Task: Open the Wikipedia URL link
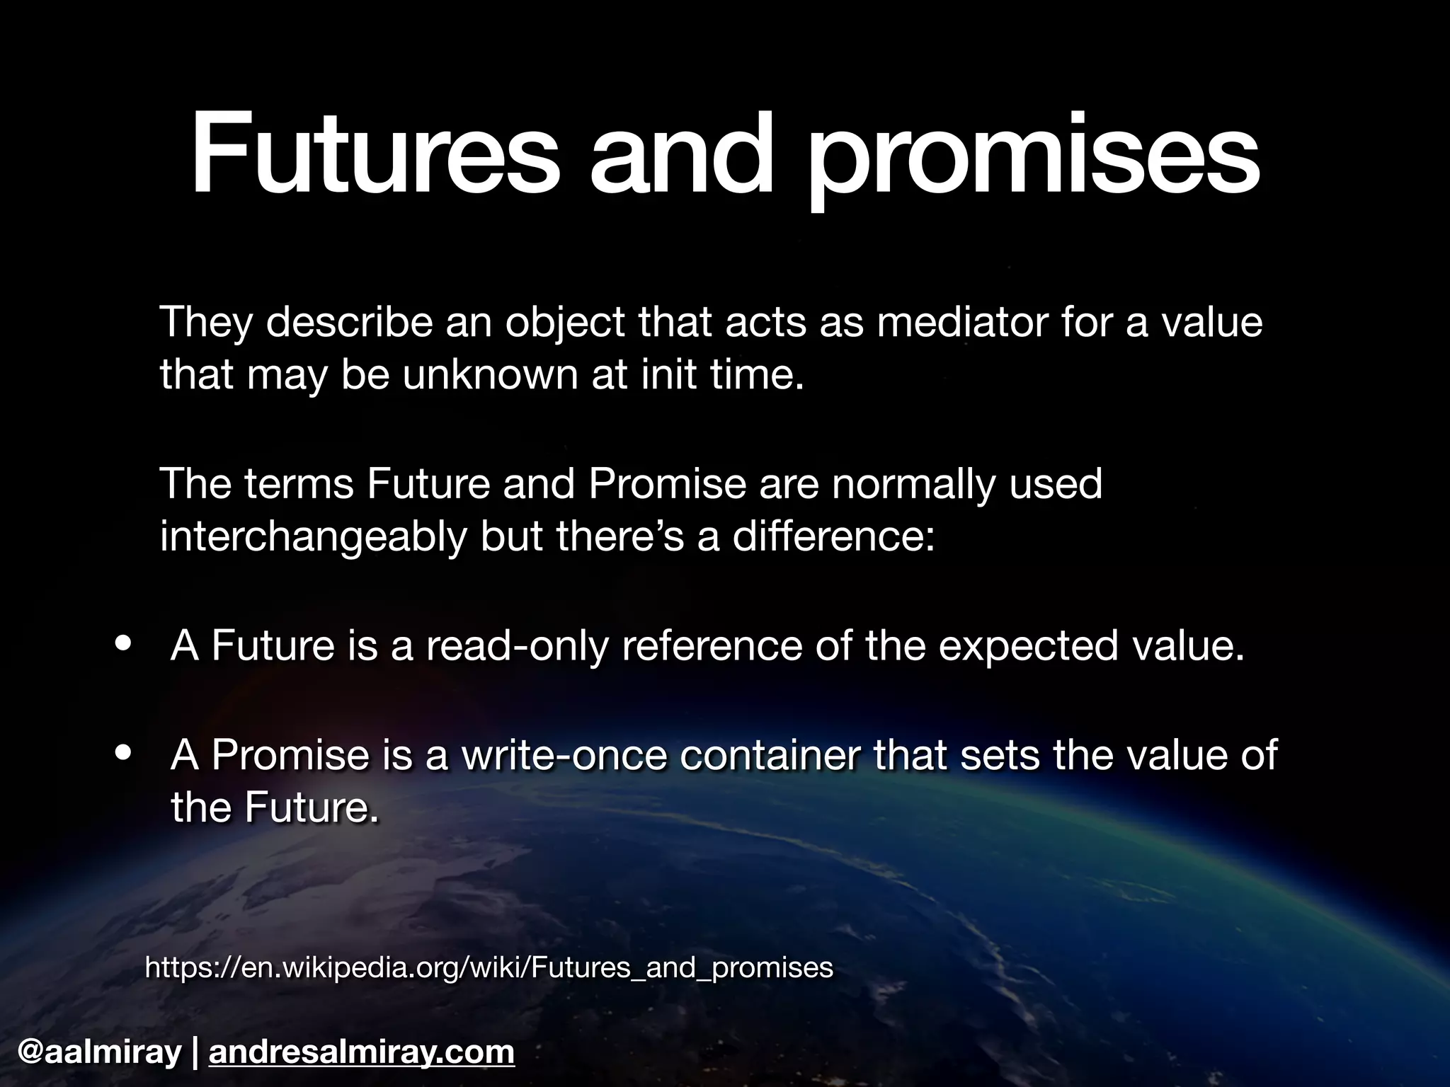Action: tap(489, 967)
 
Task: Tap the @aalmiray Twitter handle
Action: tap(100, 1052)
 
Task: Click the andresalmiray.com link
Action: tap(362, 1052)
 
